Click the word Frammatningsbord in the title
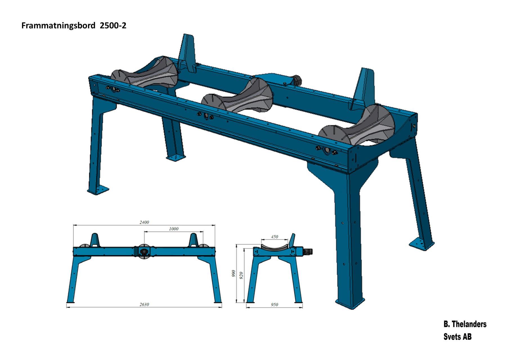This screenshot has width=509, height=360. pyautogui.click(x=58, y=26)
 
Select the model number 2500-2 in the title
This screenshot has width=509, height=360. pyautogui.click(x=113, y=26)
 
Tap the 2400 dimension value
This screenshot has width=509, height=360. pyautogui.click(x=144, y=222)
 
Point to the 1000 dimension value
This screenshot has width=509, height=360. pyautogui.click(x=174, y=229)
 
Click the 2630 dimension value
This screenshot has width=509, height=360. pyautogui.click(x=144, y=304)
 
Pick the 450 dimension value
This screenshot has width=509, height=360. pyautogui.click(x=274, y=237)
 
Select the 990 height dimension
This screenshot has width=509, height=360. pyautogui.click(x=233, y=273)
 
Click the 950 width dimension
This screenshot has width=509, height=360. pyautogui.click(x=274, y=305)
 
